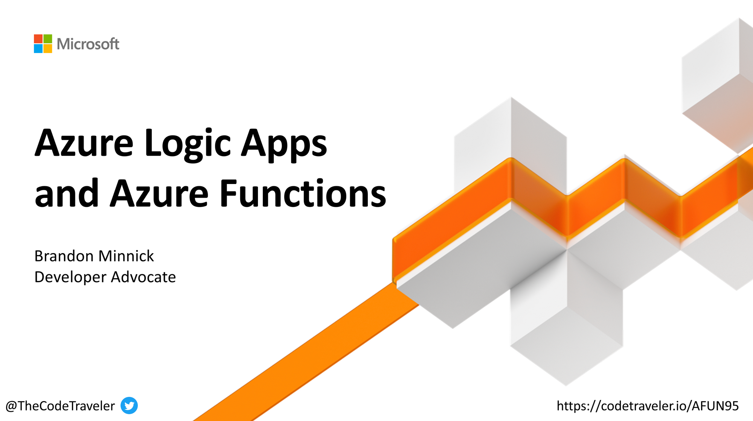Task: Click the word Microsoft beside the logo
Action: [x=88, y=44]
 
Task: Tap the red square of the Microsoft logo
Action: [x=38, y=39]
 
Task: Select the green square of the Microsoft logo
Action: [x=48, y=39]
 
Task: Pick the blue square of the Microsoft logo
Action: [x=38, y=49]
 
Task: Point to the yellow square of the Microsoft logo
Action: [x=48, y=49]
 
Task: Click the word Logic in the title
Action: [x=187, y=144]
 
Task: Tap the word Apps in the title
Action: [x=284, y=144]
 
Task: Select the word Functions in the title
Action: [x=303, y=194]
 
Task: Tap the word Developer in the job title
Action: [x=70, y=277]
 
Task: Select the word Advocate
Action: [x=143, y=277]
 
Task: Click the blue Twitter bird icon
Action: [x=129, y=406]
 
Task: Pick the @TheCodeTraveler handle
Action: [x=60, y=406]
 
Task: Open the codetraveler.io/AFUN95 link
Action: [x=648, y=406]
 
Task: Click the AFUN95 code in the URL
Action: [x=715, y=406]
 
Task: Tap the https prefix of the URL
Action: [x=571, y=406]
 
